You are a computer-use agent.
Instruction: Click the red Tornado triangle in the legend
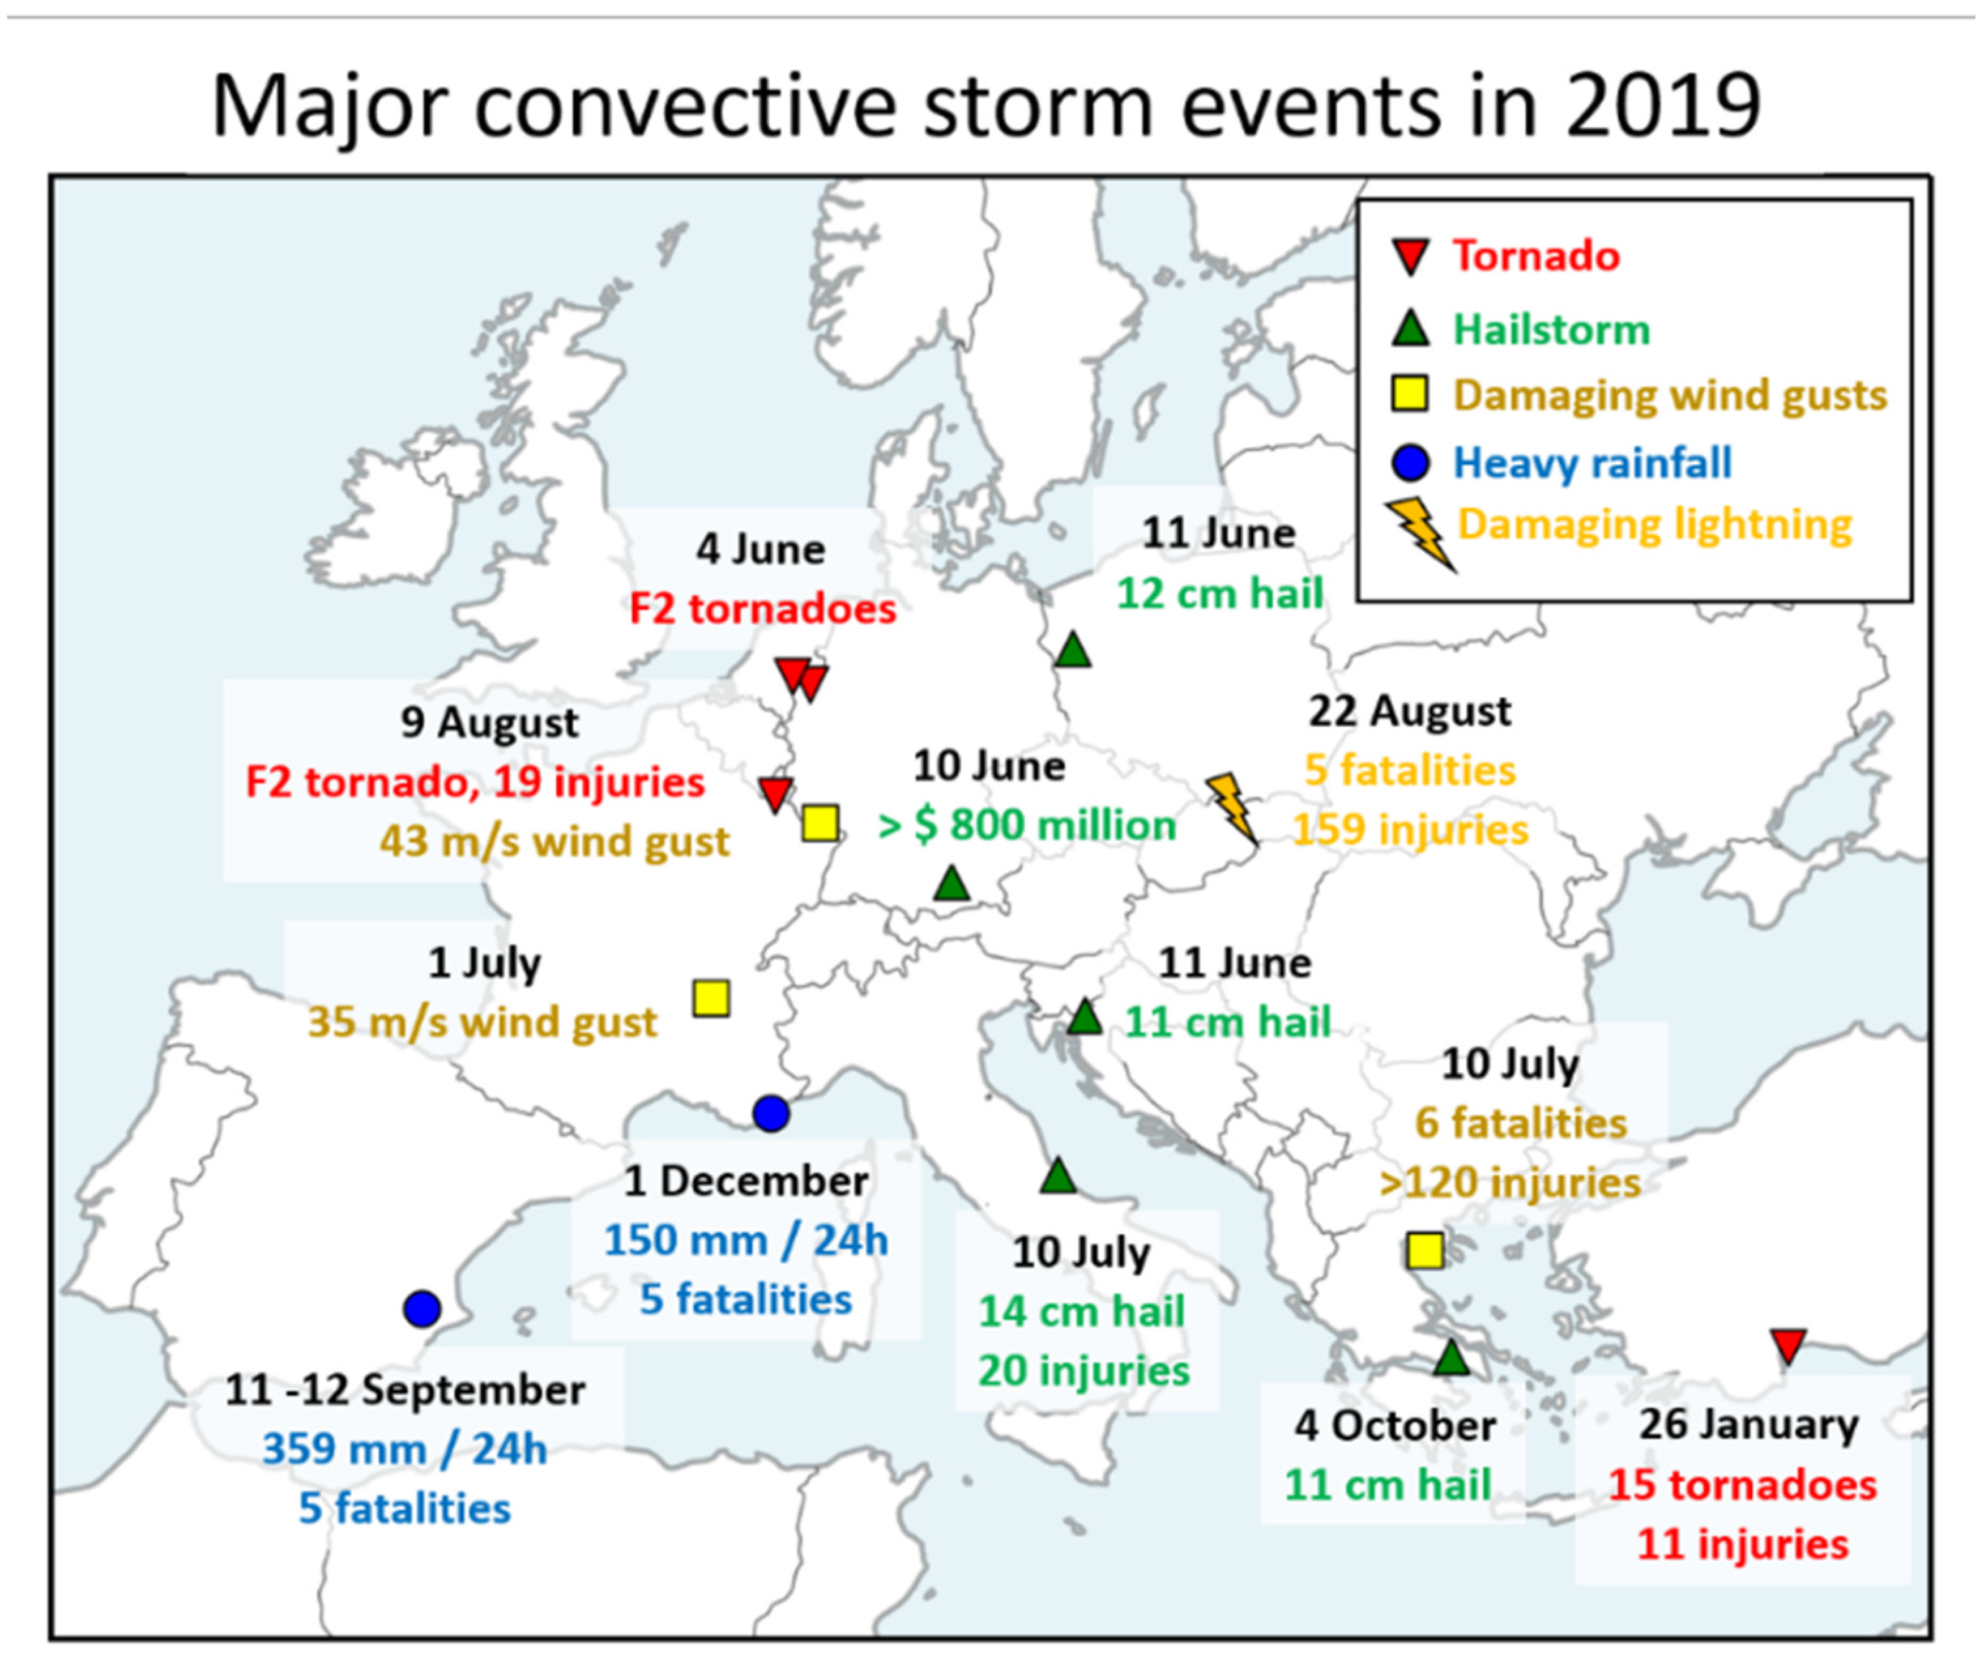pyautogui.click(x=1411, y=255)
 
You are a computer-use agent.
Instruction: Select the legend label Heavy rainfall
pyautogui.click(x=1592, y=463)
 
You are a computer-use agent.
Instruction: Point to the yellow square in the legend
pyautogui.click(x=1411, y=394)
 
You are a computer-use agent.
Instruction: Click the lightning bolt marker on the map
pyautogui.click(x=1233, y=808)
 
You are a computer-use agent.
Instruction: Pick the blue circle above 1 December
pyautogui.click(x=771, y=1114)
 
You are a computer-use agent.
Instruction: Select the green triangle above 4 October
pyautogui.click(x=1452, y=1358)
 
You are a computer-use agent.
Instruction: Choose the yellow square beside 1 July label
pyautogui.click(x=711, y=998)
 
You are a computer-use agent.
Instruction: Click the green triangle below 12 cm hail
pyautogui.click(x=1072, y=651)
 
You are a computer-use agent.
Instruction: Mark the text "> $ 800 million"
pyautogui.click(x=1027, y=825)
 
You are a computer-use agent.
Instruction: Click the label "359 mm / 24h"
pyautogui.click(x=404, y=1448)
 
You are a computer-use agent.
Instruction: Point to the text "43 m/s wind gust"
pyautogui.click(x=554, y=840)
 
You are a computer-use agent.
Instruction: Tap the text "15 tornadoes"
pyautogui.click(x=1742, y=1484)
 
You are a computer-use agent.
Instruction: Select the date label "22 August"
pyautogui.click(x=1409, y=711)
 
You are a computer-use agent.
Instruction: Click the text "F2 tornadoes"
pyautogui.click(x=762, y=609)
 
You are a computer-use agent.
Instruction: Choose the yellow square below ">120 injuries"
pyautogui.click(x=1425, y=1250)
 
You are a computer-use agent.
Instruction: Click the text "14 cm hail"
pyautogui.click(x=1081, y=1311)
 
